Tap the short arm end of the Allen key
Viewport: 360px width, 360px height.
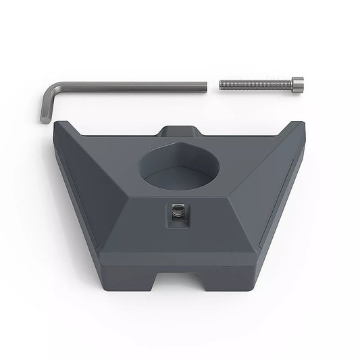click(x=45, y=120)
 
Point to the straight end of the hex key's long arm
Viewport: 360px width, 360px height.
click(x=205, y=85)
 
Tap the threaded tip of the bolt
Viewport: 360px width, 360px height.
click(x=222, y=85)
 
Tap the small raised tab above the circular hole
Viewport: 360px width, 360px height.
click(x=180, y=130)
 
